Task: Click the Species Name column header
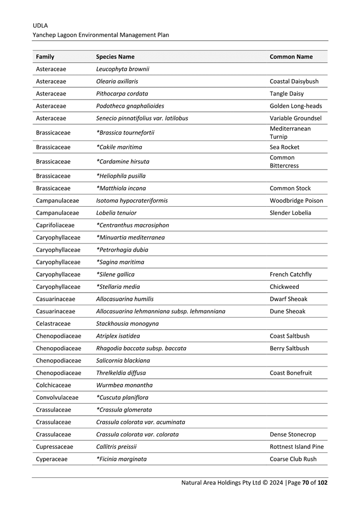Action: [x=115, y=57]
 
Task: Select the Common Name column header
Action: [x=291, y=57]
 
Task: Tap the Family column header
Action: [x=45, y=57]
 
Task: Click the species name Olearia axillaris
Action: [x=117, y=81]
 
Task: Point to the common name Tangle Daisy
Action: [x=286, y=93]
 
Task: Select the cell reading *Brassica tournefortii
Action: [x=125, y=133]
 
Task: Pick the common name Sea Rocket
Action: [x=284, y=147]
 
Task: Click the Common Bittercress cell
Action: [x=284, y=161]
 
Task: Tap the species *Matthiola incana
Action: [x=121, y=188]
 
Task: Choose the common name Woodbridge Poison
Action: [x=296, y=201]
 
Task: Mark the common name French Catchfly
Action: [x=291, y=275]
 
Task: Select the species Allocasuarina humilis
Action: [x=125, y=299]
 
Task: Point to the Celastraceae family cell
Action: [x=54, y=324]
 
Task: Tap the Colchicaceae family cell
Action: [x=54, y=385]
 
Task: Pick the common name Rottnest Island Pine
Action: [x=297, y=447]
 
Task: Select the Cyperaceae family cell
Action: [x=52, y=459]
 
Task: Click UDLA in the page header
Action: [x=40, y=25]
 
